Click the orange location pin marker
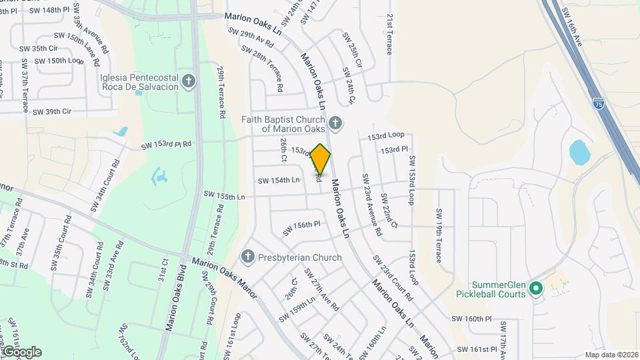[321, 159]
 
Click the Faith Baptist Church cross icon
[335, 123]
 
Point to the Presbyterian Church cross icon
[247, 257]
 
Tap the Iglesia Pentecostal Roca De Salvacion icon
[189, 82]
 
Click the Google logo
[22, 351]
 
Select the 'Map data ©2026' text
[611, 355]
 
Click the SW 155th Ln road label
[224, 196]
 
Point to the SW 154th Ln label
[279, 181]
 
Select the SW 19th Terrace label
[439, 235]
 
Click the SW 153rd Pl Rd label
[166, 145]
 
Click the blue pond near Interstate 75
[579, 152]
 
